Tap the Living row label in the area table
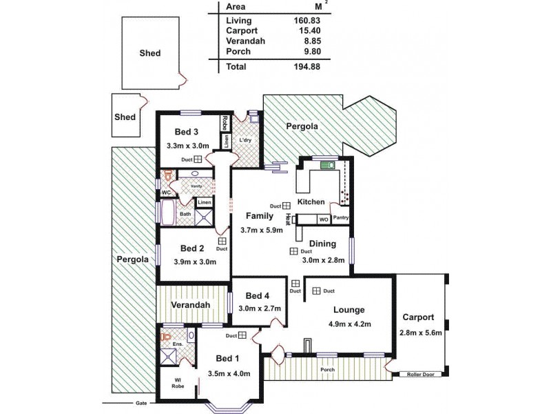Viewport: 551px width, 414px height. pyautogui.click(x=238, y=21)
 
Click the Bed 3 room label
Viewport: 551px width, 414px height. pyautogui.click(x=186, y=132)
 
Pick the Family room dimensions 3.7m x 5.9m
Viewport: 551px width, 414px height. pyautogui.click(x=261, y=230)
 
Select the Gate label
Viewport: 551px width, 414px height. pyautogui.click(x=141, y=403)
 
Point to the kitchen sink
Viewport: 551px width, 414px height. pyautogui.click(x=327, y=165)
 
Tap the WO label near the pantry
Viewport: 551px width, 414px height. pyautogui.click(x=323, y=219)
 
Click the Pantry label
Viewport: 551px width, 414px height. pyautogui.click(x=340, y=219)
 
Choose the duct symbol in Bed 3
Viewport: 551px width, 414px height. pyautogui.click(x=198, y=159)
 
